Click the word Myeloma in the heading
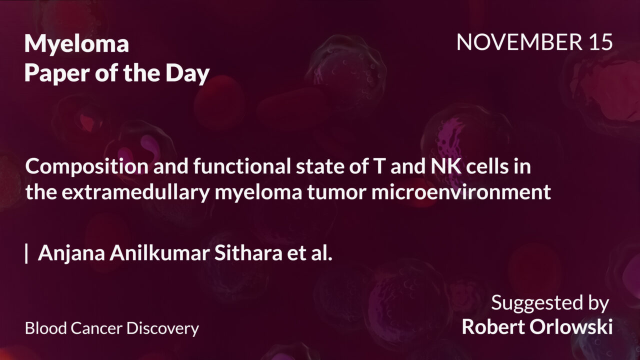(76, 44)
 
